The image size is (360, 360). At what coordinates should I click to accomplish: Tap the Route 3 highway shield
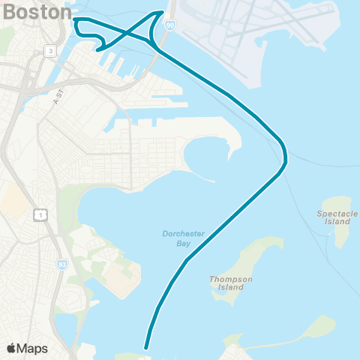tap(49, 50)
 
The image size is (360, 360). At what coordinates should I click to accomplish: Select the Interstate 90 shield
tap(170, 25)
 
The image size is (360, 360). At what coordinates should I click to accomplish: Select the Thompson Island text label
tap(226, 283)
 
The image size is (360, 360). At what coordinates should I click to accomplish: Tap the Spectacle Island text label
tap(333, 217)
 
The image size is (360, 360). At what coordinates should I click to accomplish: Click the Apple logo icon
tap(12, 348)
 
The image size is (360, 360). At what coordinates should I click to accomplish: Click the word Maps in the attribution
tap(32, 348)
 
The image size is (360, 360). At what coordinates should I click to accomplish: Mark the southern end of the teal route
tap(145, 347)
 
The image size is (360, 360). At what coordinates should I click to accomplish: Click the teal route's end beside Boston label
tap(75, 19)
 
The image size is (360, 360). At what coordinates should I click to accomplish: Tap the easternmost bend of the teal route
tap(286, 157)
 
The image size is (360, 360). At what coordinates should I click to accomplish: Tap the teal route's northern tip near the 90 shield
tap(162, 13)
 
